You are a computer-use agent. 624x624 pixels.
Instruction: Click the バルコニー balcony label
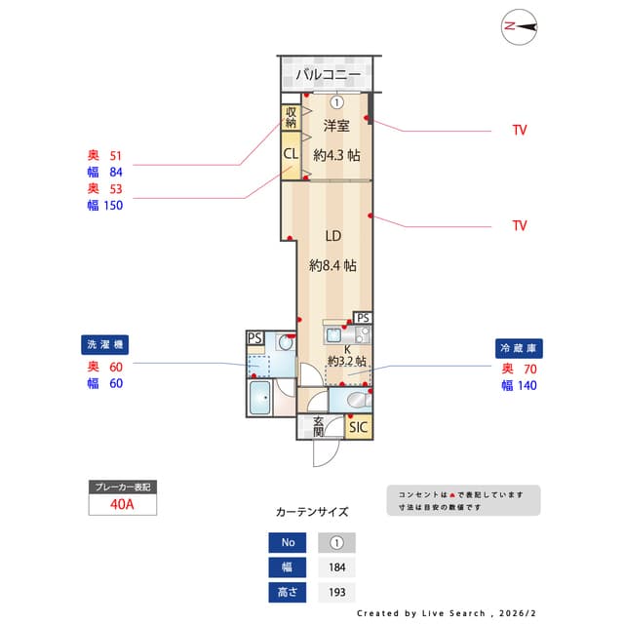coord(329,74)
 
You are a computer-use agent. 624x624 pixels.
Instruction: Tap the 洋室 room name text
coord(337,126)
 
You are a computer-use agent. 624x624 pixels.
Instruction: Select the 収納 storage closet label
coord(291,117)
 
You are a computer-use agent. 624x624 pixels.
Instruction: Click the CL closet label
coord(291,154)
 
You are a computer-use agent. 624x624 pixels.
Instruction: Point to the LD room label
coord(332,235)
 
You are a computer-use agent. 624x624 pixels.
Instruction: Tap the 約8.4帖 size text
coord(332,265)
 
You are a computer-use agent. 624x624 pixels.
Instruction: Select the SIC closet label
coord(359,427)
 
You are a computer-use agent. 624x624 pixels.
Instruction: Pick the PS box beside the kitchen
coord(363,318)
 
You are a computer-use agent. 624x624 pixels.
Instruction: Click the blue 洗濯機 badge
coord(105,345)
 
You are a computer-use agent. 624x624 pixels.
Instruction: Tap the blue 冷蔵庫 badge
coord(520,348)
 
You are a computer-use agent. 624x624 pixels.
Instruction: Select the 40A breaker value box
coord(122,504)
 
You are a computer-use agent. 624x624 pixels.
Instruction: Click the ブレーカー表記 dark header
coord(122,487)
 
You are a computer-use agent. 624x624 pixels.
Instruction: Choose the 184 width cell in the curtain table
coord(336,566)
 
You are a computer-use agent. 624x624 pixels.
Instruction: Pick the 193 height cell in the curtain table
coord(336,591)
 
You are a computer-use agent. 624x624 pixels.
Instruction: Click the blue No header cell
coord(288,542)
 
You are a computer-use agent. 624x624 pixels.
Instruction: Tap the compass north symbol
coord(521,27)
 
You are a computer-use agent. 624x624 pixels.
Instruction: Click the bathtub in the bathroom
coord(261,399)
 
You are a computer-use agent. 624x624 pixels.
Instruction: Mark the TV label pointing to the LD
coord(519,225)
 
